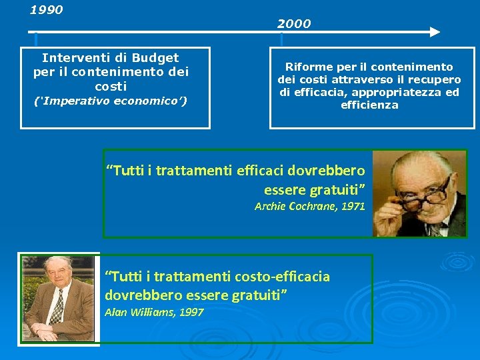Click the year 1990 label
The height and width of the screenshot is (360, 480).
tap(47, 10)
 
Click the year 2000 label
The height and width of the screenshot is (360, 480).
tap(294, 24)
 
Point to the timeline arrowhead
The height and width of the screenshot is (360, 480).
tap(434, 31)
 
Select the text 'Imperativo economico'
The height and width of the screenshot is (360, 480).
tap(111, 101)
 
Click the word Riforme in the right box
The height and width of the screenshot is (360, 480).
tap(307, 67)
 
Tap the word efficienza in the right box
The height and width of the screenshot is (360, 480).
tap(369, 105)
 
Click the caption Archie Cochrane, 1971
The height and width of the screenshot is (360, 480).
tap(310, 207)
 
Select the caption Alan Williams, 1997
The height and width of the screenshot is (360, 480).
tap(154, 313)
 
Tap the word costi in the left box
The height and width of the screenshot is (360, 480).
tap(111, 87)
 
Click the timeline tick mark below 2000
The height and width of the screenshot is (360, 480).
tap(282, 39)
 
